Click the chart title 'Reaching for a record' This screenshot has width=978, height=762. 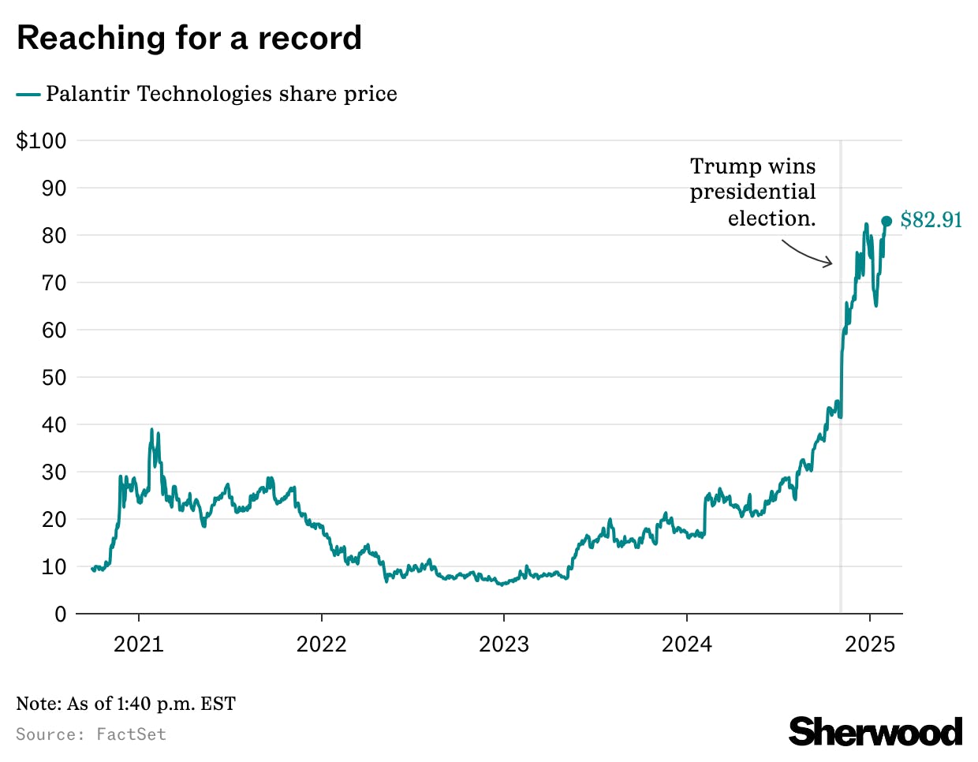(x=189, y=38)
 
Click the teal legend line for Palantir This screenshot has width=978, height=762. (x=28, y=95)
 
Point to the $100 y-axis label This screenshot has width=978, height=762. (x=42, y=141)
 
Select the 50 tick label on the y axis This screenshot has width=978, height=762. (x=54, y=377)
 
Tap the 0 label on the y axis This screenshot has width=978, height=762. (x=61, y=614)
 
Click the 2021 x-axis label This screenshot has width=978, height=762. (x=139, y=644)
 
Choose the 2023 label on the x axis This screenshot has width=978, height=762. (x=504, y=644)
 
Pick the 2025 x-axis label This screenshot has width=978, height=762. (x=870, y=644)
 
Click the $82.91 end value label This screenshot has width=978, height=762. (x=931, y=220)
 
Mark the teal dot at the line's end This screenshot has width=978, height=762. (x=887, y=222)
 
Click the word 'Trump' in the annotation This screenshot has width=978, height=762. (x=720, y=166)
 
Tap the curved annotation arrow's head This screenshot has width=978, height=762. (x=830, y=263)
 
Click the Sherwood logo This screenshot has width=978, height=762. (x=875, y=732)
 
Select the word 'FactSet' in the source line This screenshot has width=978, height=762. (x=131, y=734)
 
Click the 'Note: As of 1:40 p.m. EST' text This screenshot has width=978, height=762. (x=126, y=704)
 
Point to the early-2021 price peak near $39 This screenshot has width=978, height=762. (x=151, y=430)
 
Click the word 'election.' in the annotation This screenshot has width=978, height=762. (x=771, y=219)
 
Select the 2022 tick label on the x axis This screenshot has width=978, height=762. (x=321, y=644)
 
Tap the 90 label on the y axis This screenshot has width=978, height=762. (x=54, y=189)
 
